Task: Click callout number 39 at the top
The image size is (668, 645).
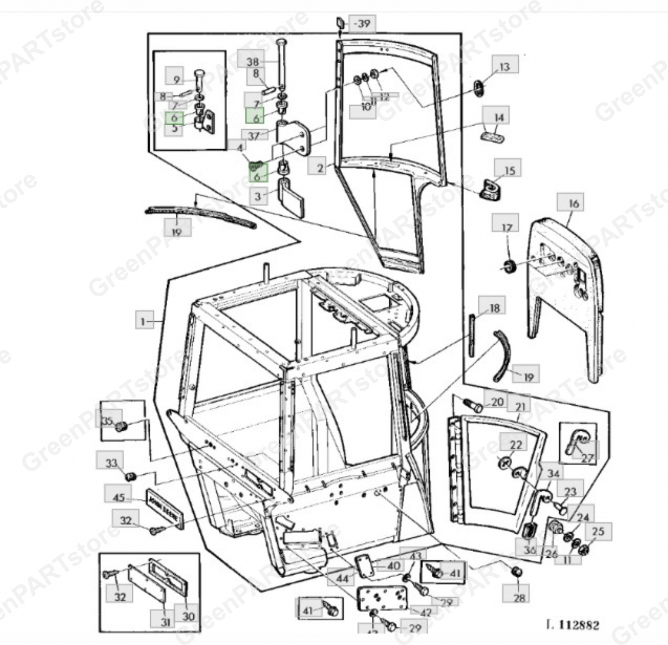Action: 363,23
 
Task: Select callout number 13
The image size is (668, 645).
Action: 505,67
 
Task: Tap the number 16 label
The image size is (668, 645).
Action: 574,204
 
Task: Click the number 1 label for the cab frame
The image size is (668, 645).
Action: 143,321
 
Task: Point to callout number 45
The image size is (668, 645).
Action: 118,497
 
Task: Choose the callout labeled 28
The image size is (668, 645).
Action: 520,597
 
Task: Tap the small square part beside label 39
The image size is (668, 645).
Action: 340,22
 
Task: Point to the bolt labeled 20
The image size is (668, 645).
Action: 472,405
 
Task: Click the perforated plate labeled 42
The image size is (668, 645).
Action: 382,597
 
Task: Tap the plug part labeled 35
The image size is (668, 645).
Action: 120,427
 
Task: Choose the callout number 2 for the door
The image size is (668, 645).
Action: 320,168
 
